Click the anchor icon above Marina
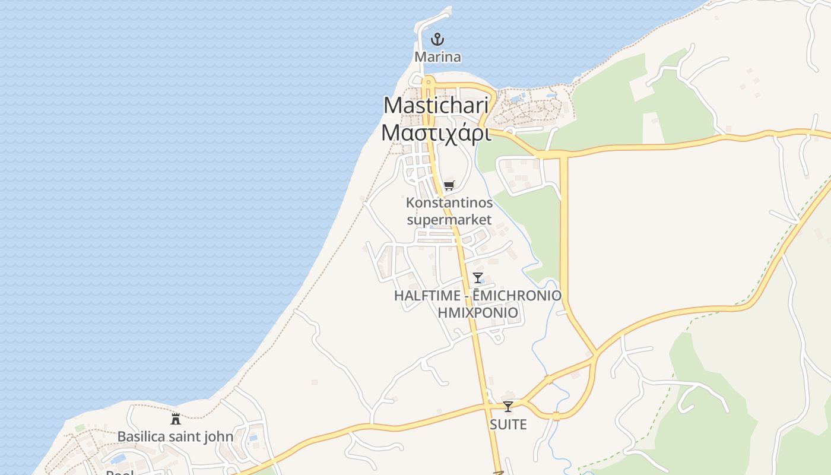pos(437,40)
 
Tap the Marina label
pos(437,57)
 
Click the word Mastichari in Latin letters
pos(436,106)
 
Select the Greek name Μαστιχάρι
pos(436,133)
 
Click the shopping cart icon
pos(449,186)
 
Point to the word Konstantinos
pos(449,203)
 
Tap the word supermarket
pos(449,220)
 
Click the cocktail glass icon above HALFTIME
pos(477,277)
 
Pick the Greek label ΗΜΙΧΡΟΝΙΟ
pos(477,312)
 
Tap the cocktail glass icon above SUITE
pos(508,407)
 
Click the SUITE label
pos(508,425)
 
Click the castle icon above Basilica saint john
pos(176,419)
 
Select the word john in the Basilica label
pos(219,437)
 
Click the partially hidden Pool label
pos(119,473)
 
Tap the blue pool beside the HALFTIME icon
pos(481,281)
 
